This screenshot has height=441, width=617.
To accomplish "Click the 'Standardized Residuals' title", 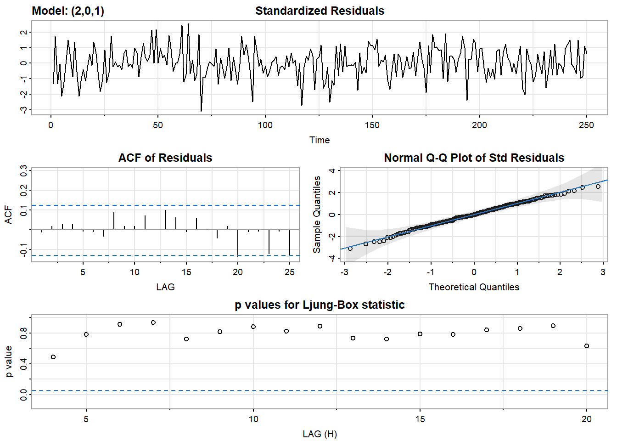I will click(320, 11).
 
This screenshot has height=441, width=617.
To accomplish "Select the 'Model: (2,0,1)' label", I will click(68, 11).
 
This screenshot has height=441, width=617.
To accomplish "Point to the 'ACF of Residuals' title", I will click(165, 158).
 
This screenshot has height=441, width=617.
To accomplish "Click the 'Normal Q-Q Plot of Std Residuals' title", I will click(474, 158).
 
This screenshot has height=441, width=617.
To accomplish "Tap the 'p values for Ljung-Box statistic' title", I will click(320, 305).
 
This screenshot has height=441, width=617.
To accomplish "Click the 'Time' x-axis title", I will click(320, 140).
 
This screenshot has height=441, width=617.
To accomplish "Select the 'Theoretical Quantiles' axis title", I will click(474, 287).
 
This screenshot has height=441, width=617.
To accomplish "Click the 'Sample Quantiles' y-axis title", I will click(317, 215).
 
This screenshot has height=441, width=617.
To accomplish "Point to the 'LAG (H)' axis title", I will click(320, 434).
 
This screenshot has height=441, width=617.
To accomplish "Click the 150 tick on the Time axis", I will click(372, 125).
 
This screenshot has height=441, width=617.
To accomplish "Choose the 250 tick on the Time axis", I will click(586, 125).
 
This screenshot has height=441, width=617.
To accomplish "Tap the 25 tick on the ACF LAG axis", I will click(289, 272).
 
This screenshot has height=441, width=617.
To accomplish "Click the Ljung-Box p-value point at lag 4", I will click(53, 357).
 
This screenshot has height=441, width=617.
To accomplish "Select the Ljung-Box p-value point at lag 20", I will click(587, 346).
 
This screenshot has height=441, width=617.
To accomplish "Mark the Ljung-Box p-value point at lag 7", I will click(153, 322).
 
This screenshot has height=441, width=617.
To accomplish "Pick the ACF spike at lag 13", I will click(166, 220).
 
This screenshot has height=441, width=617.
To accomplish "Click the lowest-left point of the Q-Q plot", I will click(350, 249).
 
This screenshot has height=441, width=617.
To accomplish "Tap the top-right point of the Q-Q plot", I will click(598, 187).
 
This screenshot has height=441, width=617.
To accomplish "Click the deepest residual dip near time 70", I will click(201, 111).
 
